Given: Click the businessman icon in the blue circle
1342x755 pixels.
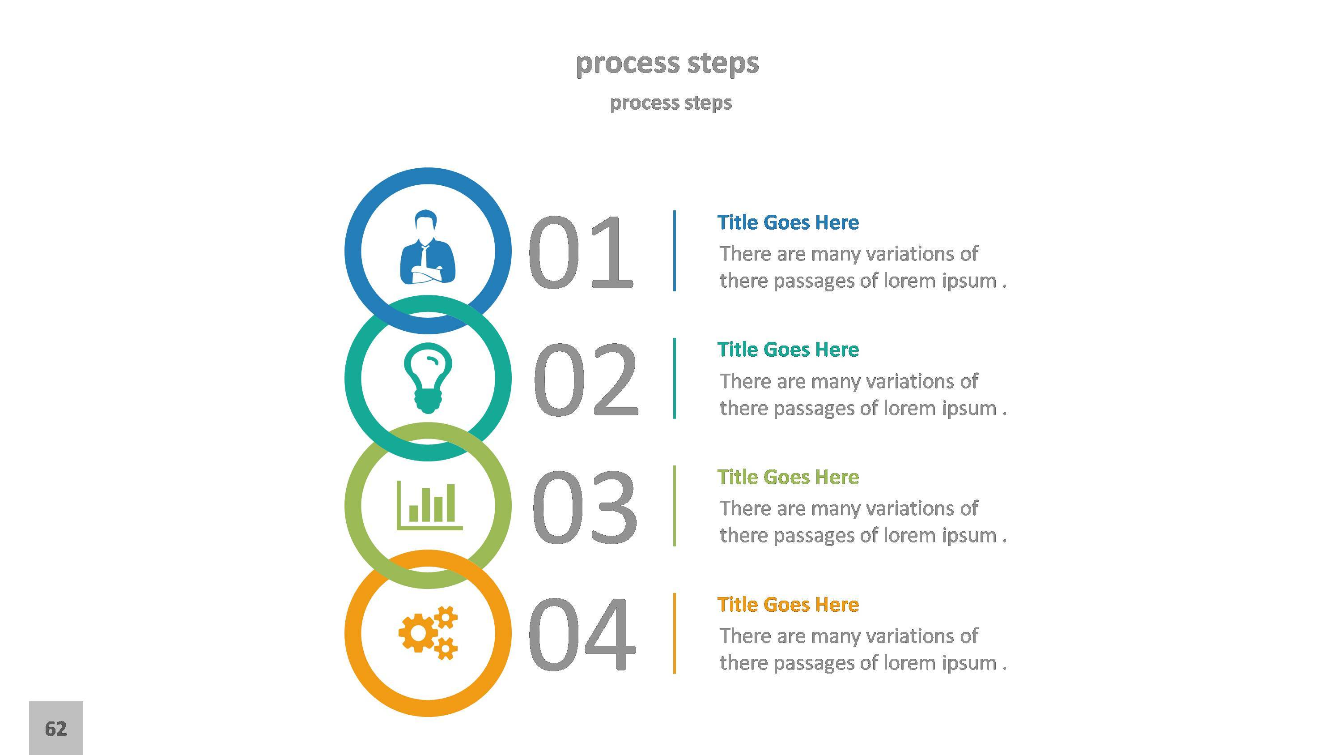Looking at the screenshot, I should pos(428,247).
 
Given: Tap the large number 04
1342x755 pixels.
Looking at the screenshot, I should pos(582,634).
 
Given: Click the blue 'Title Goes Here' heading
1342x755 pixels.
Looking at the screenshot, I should pos(788,222).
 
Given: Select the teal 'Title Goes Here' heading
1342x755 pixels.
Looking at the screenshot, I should pos(788,350).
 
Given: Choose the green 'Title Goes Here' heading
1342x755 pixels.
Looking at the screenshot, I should pos(788,477).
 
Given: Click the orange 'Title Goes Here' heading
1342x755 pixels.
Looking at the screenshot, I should pos(788,605).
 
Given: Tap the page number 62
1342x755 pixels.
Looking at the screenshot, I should pos(56,729).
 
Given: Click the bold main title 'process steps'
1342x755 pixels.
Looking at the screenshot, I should pos(667,63).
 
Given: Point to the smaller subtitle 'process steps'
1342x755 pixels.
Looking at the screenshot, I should pos(671,102).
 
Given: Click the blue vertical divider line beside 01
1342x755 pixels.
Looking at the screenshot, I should pos(675,251).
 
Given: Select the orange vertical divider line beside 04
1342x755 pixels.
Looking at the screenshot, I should pos(675,633).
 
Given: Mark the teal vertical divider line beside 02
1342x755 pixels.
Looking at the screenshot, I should pos(675,378).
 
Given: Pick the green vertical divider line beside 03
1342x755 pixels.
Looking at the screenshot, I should pos(675,505).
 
